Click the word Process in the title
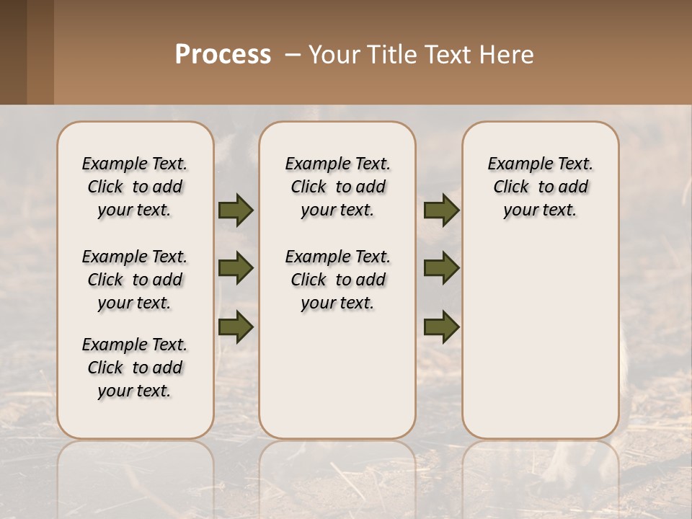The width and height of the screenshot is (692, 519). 223,55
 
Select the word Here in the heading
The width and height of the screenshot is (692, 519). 507,55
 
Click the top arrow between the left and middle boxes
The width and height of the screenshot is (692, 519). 236,210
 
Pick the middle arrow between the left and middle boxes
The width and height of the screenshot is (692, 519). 236,268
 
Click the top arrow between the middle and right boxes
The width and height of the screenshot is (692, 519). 441,210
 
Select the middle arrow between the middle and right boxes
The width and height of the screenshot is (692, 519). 441,268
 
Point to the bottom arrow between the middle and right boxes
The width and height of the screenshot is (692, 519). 441,327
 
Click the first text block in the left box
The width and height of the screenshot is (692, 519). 135,187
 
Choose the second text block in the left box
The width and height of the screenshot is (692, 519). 135,280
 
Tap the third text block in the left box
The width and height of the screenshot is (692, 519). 135,368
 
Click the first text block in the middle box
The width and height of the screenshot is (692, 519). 337,187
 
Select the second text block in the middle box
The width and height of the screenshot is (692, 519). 337,280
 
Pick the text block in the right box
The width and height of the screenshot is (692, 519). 540,187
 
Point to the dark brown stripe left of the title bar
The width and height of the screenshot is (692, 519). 13,52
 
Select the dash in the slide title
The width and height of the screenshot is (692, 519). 293,55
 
